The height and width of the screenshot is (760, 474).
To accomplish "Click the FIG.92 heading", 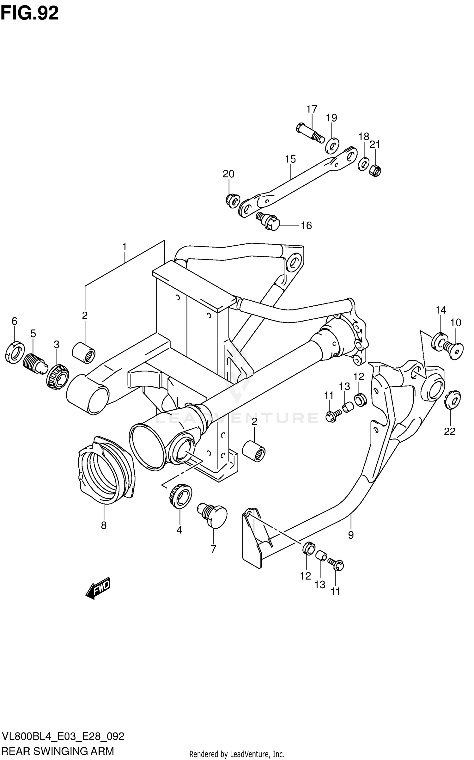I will tap(29, 13).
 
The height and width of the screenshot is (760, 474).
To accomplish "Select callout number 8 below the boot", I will tap(104, 525).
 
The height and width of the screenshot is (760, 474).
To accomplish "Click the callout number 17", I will tap(312, 109).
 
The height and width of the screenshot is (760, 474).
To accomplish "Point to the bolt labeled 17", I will tap(310, 133).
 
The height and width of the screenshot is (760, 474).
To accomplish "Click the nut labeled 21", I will tap(375, 170).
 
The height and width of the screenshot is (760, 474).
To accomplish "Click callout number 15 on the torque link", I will tap(290, 159).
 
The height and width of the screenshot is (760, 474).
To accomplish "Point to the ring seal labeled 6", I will tap(15, 352).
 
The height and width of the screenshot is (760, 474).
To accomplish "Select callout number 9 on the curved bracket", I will tap(351, 535).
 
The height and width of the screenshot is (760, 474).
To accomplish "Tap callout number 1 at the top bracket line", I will tap(125, 247).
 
